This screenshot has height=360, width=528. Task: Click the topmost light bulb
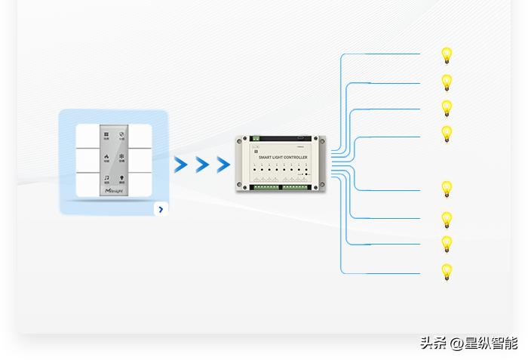point(447,56)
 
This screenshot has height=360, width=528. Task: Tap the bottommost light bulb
point(447,272)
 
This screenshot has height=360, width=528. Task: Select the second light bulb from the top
point(447,82)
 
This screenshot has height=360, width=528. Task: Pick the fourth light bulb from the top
point(447,134)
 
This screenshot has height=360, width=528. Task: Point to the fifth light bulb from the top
point(447,189)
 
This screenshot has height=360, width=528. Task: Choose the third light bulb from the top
point(447,108)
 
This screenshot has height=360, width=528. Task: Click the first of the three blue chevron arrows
point(180,165)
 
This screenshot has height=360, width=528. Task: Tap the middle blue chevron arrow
point(202,165)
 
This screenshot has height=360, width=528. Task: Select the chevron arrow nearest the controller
point(223,165)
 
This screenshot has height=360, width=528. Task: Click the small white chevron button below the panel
point(161,209)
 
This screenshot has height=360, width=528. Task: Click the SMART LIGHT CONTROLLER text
point(283,157)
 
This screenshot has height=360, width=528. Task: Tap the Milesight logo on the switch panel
point(113,192)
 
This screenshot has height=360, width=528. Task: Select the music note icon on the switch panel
point(106,179)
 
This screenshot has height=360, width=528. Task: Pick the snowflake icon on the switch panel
point(121,158)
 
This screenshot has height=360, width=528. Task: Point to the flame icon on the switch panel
point(106,158)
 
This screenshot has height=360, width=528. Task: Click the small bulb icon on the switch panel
point(121,179)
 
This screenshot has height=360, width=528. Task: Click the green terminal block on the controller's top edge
point(255,138)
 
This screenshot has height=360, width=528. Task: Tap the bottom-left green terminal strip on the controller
point(266,186)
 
